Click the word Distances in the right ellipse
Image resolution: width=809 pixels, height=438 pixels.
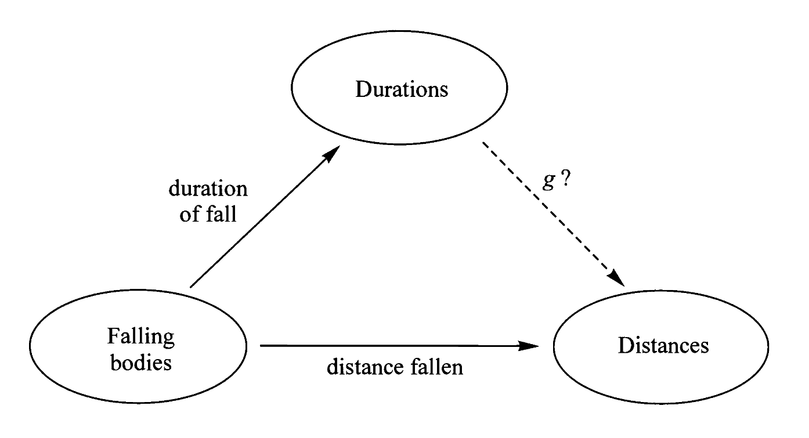[x=663, y=346]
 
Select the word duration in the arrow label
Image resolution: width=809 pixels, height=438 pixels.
[x=208, y=189]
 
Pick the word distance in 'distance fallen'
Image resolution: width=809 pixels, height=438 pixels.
[x=361, y=367]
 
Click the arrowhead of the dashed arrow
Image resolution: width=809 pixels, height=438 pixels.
[x=617, y=280]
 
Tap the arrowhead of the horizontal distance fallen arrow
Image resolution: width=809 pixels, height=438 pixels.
[x=540, y=346]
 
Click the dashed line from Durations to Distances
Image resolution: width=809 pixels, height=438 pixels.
[x=551, y=211]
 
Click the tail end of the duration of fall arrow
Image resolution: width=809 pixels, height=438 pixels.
[x=191, y=287]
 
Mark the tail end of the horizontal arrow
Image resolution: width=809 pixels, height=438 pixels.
[x=262, y=346]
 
